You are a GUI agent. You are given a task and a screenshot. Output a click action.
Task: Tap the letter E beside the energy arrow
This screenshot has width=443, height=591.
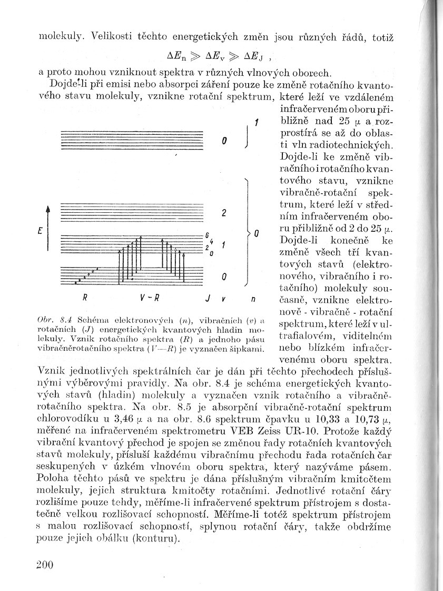(40, 231)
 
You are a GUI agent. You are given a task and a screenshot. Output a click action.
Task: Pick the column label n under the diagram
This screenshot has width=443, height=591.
(253, 299)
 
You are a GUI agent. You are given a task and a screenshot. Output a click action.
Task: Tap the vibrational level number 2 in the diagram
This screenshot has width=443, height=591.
(224, 213)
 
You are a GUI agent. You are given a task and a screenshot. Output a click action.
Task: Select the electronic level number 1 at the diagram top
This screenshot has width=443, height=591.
(255, 123)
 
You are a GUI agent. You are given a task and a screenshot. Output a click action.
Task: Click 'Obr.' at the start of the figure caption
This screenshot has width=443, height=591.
(47, 319)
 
